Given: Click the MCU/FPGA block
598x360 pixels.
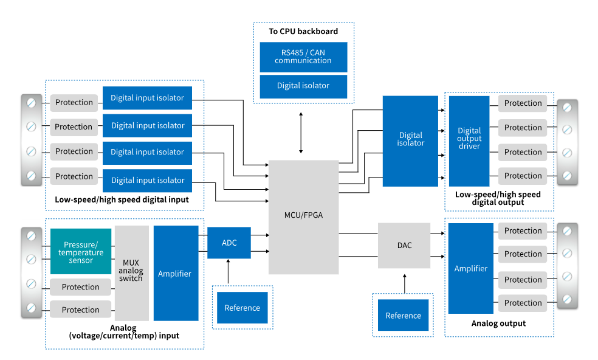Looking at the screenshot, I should tap(303, 216).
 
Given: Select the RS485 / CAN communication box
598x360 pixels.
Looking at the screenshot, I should tap(303, 57).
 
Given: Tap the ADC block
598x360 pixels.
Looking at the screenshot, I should tap(229, 243).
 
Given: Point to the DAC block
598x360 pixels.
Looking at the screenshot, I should tap(404, 245).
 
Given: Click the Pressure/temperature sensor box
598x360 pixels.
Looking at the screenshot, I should tap(81, 251).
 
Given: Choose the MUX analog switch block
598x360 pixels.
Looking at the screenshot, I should tap(131, 273).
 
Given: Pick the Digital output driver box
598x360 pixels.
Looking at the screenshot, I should tap(469, 140).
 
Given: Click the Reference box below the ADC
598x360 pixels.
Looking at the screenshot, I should tap(242, 308).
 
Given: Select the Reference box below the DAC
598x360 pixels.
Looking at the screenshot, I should tap(403, 316).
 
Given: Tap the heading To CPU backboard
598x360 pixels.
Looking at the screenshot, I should tap(303, 31).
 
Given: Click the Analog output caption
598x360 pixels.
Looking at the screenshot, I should tap(498, 324).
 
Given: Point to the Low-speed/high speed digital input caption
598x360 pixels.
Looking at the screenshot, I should tap(122, 199).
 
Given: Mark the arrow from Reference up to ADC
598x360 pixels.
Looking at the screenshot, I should tap(229, 271).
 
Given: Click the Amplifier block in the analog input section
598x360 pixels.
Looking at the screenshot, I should tap(176, 274).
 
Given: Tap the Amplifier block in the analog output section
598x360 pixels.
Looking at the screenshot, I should tap(471, 268).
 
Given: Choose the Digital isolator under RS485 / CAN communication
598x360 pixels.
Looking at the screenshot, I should tap(303, 86).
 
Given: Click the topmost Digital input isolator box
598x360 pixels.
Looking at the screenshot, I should tap(148, 98).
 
